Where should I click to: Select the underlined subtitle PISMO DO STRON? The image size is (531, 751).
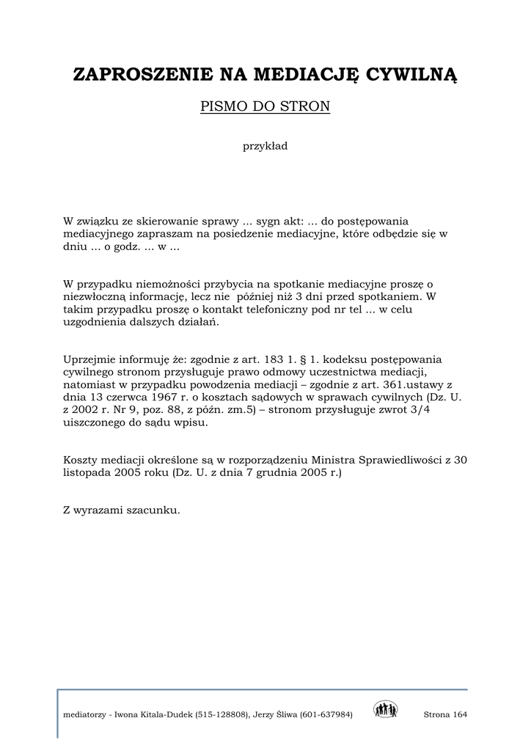(x=265, y=107)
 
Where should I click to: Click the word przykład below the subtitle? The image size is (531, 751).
(x=265, y=146)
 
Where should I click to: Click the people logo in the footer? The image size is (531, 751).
(x=385, y=710)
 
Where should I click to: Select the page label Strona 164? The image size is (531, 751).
(x=445, y=714)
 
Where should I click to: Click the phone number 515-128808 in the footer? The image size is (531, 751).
(x=223, y=714)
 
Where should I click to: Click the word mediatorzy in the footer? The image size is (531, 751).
(x=84, y=714)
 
